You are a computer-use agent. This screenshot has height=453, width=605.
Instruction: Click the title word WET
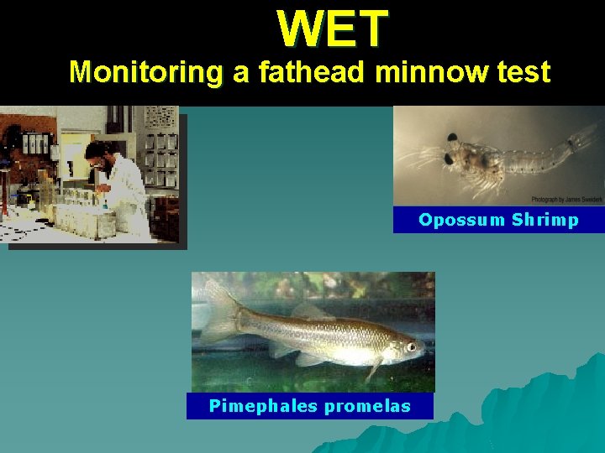(x=333, y=29)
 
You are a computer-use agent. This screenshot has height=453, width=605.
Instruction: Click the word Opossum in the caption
(x=460, y=220)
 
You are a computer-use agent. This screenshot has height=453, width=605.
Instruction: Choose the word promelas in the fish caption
(x=367, y=407)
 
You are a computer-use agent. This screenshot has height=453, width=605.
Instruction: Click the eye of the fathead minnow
(x=411, y=346)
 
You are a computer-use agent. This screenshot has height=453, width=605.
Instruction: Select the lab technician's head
(x=97, y=154)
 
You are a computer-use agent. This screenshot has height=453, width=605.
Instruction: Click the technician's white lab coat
(x=126, y=193)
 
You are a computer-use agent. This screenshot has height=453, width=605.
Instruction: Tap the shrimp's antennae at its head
(x=420, y=155)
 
